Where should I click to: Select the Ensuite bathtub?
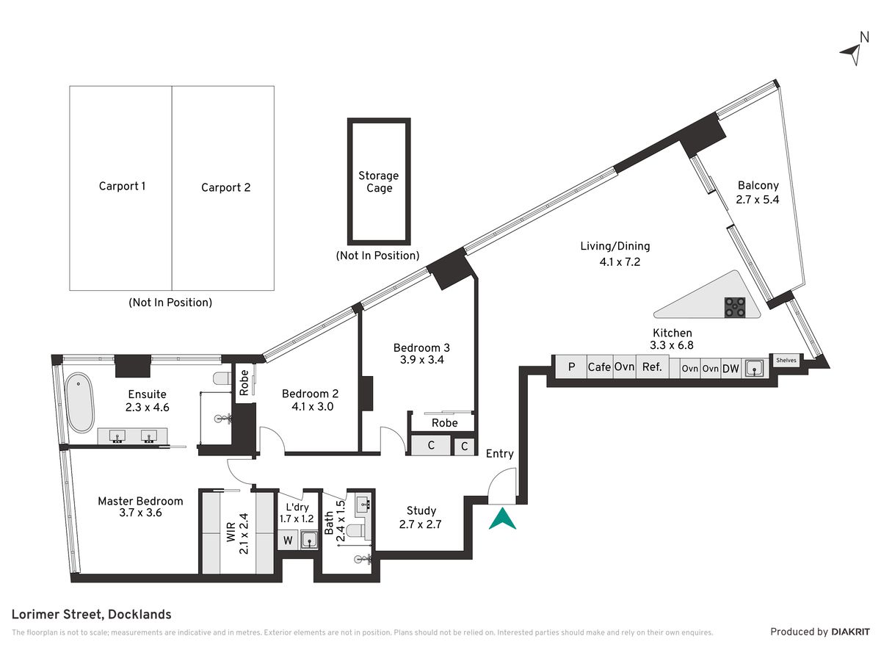coord(80,402)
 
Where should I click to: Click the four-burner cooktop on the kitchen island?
coord(734,307)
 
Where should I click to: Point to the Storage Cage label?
coord(379,181)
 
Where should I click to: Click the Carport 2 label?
coord(225,187)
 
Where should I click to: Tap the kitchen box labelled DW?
coord(730,369)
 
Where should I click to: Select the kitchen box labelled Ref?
coord(652,366)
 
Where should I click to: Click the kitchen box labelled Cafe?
coord(600,366)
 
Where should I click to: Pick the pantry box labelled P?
coord(571,366)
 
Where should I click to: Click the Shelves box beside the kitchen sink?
coord(786,360)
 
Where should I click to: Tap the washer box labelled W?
coord(288,541)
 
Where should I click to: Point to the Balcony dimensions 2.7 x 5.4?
coord(758,200)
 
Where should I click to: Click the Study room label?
coord(421,510)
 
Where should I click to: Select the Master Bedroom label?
coord(140,501)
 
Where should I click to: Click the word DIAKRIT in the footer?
coord(850,632)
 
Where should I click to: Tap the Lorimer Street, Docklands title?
coord(92,615)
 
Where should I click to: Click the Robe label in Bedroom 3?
coord(445,422)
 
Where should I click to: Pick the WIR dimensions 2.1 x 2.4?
coord(244,534)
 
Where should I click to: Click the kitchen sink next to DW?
coord(754,369)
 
